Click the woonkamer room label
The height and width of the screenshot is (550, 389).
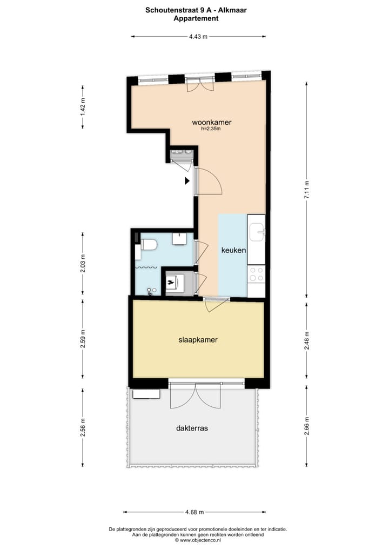coord(207,122)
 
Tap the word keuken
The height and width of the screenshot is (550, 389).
coord(233,251)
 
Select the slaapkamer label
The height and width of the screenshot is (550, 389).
coord(198,340)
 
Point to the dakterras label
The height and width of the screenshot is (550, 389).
coord(192,428)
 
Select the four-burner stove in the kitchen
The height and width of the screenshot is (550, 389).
coord(256,274)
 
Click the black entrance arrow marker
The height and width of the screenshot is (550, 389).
coord(187,182)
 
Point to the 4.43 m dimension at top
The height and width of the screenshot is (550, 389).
coord(198,37)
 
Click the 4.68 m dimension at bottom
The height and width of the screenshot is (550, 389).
coord(194,512)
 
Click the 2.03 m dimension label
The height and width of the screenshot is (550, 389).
coord(83,263)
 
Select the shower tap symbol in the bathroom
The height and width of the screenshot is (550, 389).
coord(150,291)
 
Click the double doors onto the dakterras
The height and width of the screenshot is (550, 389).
coord(195,396)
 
